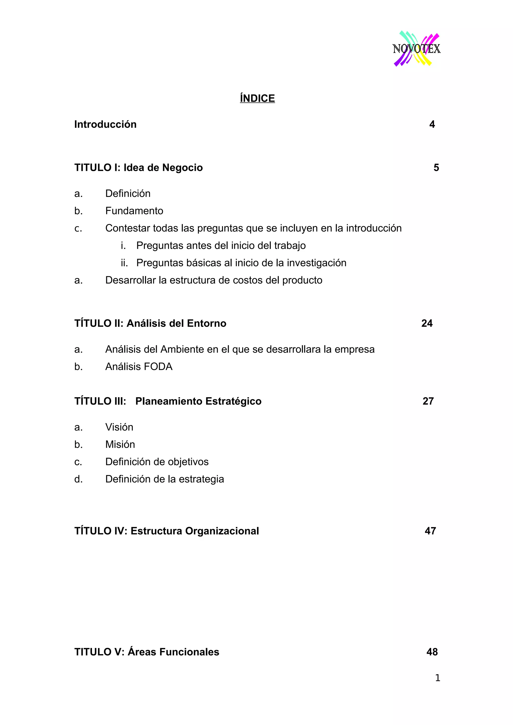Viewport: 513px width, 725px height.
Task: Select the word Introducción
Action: (105, 124)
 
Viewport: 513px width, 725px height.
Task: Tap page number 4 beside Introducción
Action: (432, 124)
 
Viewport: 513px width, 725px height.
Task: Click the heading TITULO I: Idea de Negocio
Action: (139, 168)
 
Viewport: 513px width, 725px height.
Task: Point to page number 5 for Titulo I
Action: (436, 168)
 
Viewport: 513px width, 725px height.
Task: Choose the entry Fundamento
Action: (134, 211)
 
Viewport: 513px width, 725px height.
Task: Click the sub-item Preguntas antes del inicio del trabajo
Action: (221, 246)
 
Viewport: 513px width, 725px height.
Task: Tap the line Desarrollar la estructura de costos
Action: (214, 280)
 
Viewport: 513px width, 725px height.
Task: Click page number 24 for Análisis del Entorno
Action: (427, 323)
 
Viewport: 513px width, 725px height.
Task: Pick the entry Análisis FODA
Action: (139, 367)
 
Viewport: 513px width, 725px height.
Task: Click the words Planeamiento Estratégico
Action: (198, 401)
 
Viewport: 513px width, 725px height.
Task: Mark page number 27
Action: (428, 401)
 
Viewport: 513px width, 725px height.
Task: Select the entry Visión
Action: (119, 427)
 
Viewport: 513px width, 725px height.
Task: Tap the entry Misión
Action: (120, 445)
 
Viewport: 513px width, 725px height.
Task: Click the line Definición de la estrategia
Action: (164, 479)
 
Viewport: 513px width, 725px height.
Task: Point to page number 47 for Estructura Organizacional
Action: (430, 531)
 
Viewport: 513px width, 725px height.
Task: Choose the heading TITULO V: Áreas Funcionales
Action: (147, 652)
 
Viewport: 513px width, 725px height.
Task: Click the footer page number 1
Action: (437, 678)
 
